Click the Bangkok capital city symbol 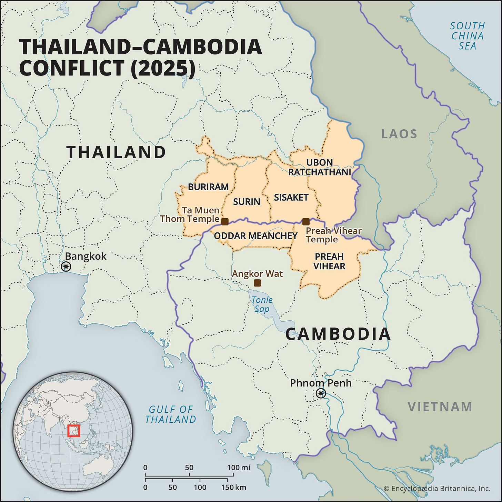pos(66,267)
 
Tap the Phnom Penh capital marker pos(321,393)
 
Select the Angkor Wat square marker pos(257,283)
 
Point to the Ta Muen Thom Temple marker pos(225,222)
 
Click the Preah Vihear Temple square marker pos(306,222)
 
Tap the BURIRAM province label pos(208,187)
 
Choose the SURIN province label pos(247,202)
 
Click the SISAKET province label pos(291,198)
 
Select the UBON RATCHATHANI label pos(320,167)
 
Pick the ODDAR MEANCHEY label pos(255,236)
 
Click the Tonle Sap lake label pos(262,304)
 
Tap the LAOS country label pos(399,134)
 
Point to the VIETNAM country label pos(440,407)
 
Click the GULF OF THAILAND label pos(171,414)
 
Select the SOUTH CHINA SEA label pos(468,36)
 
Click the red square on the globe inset pos(73,431)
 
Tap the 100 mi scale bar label pos(239,468)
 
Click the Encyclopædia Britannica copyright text pos(437,489)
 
